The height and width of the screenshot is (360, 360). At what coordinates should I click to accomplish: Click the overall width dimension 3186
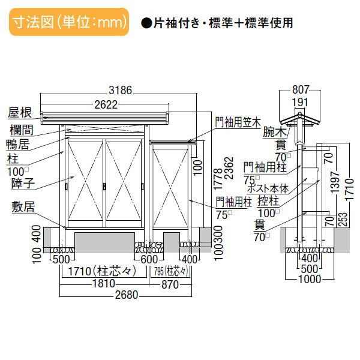(x=119, y=91)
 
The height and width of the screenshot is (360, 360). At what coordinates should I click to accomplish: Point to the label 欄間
(x=22, y=128)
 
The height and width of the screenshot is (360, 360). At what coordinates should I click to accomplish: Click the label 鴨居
(x=23, y=143)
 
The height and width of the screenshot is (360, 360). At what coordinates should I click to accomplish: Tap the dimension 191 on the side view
(x=306, y=103)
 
